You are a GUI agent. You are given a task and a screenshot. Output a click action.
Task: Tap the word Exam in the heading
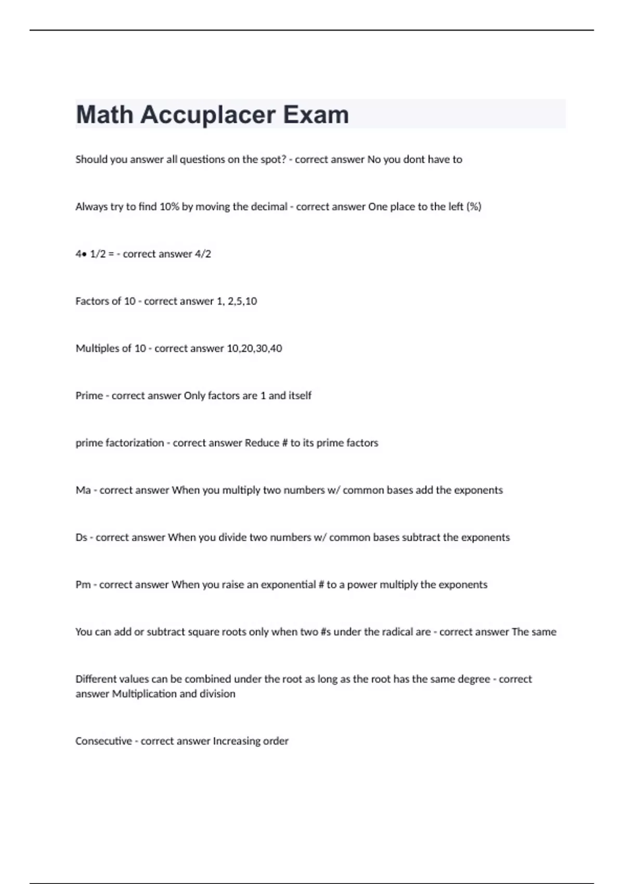point(316,115)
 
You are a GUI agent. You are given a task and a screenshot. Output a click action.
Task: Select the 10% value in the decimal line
point(169,206)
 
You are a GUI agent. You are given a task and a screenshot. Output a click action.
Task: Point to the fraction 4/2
point(203,254)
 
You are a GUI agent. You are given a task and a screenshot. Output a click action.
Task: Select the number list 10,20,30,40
point(254,348)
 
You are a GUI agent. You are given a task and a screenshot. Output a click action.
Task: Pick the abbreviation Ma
point(83,490)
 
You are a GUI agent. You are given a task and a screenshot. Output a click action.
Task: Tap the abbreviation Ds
point(81,538)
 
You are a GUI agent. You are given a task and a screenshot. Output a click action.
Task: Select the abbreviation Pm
point(83,584)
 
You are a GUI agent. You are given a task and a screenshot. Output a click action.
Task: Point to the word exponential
point(288,584)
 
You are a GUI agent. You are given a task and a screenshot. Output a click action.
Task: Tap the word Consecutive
point(103,741)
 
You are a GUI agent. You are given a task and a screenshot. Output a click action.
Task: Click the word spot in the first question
point(274,160)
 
